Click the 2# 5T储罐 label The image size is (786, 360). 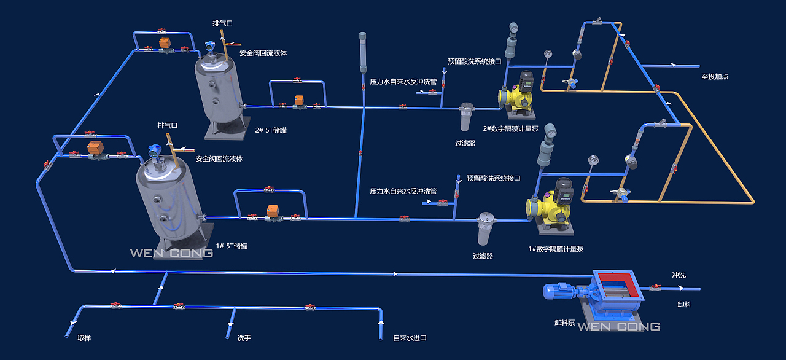click(271, 130)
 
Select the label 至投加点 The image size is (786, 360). click(715, 77)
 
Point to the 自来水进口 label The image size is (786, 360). click(410, 338)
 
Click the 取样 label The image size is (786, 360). click(84, 338)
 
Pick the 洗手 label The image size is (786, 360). click(244, 338)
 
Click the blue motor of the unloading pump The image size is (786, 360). click(559, 292)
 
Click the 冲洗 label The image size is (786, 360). click(679, 275)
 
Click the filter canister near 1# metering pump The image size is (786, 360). click(486, 229)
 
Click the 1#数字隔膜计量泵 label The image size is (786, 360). click(556, 249)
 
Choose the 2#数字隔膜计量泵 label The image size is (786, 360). click(510, 128)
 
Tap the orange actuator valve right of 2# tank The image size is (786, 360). click(300, 100)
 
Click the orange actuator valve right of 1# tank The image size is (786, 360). click(271, 211)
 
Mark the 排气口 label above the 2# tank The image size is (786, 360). click(222, 23)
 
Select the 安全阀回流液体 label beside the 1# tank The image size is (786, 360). click(219, 158)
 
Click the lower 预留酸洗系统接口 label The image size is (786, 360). click(493, 178)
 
